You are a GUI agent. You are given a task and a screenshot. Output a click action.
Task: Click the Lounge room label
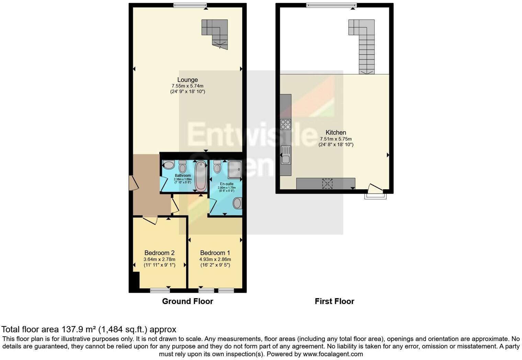(188, 80)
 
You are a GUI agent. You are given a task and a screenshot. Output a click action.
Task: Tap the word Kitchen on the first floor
(336, 132)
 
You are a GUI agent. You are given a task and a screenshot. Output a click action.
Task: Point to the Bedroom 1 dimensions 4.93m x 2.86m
(215, 259)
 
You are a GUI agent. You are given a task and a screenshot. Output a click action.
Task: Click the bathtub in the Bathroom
(201, 176)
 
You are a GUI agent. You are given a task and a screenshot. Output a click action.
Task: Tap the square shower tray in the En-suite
(235, 169)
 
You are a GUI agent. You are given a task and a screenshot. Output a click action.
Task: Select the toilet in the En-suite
(217, 167)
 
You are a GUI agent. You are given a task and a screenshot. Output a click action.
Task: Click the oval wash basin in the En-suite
(237, 203)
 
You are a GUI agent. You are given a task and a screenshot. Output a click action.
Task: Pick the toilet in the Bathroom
(182, 167)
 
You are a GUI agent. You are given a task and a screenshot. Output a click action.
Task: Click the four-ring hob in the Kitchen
(285, 124)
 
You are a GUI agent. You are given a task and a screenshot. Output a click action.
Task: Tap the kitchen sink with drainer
(285, 155)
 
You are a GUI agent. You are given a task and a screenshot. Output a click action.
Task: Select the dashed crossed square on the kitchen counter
(327, 184)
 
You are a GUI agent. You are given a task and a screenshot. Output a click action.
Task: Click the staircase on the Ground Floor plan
(216, 33)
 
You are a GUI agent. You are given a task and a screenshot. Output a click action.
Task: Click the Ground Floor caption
(188, 301)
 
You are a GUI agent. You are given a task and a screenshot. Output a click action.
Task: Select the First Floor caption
(334, 301)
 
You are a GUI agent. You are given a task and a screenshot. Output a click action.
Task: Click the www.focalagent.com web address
(332, 354)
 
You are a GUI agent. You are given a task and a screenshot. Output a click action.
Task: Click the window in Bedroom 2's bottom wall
(160, 291)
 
